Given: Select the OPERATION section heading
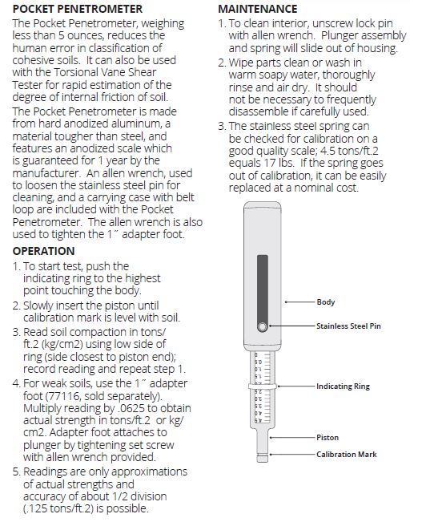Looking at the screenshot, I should [44, 251].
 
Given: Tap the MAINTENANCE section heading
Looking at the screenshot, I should [259, 9].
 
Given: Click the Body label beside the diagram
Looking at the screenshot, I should [326, 302].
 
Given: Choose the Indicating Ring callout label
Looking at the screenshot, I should [343, 386].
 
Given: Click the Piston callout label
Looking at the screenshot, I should [328, 438].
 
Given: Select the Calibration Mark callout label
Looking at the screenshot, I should [346, 455].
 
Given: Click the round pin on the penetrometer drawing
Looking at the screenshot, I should [261, 326].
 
